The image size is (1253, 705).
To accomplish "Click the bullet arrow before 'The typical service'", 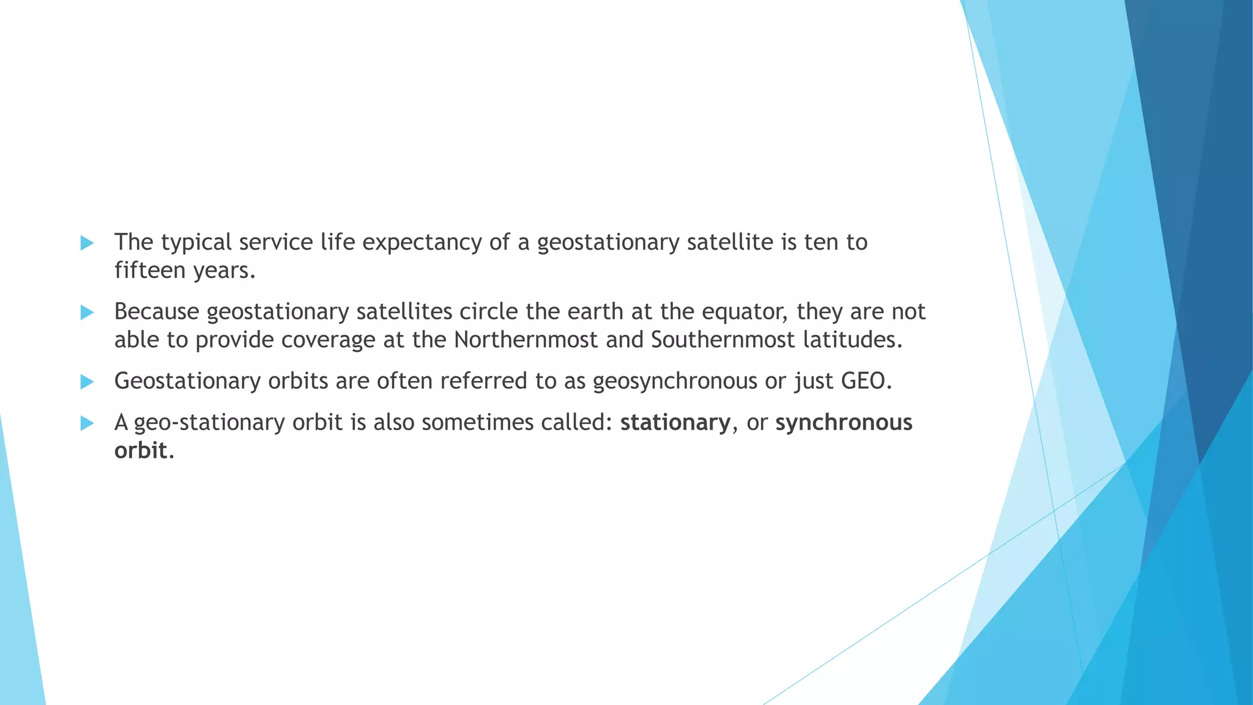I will point(87,243).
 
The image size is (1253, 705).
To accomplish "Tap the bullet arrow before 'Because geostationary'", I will point(87,313).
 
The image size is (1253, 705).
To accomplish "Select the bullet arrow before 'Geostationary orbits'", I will point(87,382).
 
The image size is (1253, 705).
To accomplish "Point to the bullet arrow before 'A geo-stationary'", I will point(87,423).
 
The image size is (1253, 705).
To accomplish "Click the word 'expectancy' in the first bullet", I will point(422,243).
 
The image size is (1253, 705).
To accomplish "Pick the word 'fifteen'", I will point(149,270).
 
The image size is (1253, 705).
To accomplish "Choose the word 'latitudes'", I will point(852,340).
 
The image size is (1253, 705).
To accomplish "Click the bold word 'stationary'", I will point(675,423).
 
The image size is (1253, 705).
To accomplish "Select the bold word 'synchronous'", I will point(844,423).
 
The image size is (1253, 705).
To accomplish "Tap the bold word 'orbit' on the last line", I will point(141,450).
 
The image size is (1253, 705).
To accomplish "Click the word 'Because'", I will point(157,312).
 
